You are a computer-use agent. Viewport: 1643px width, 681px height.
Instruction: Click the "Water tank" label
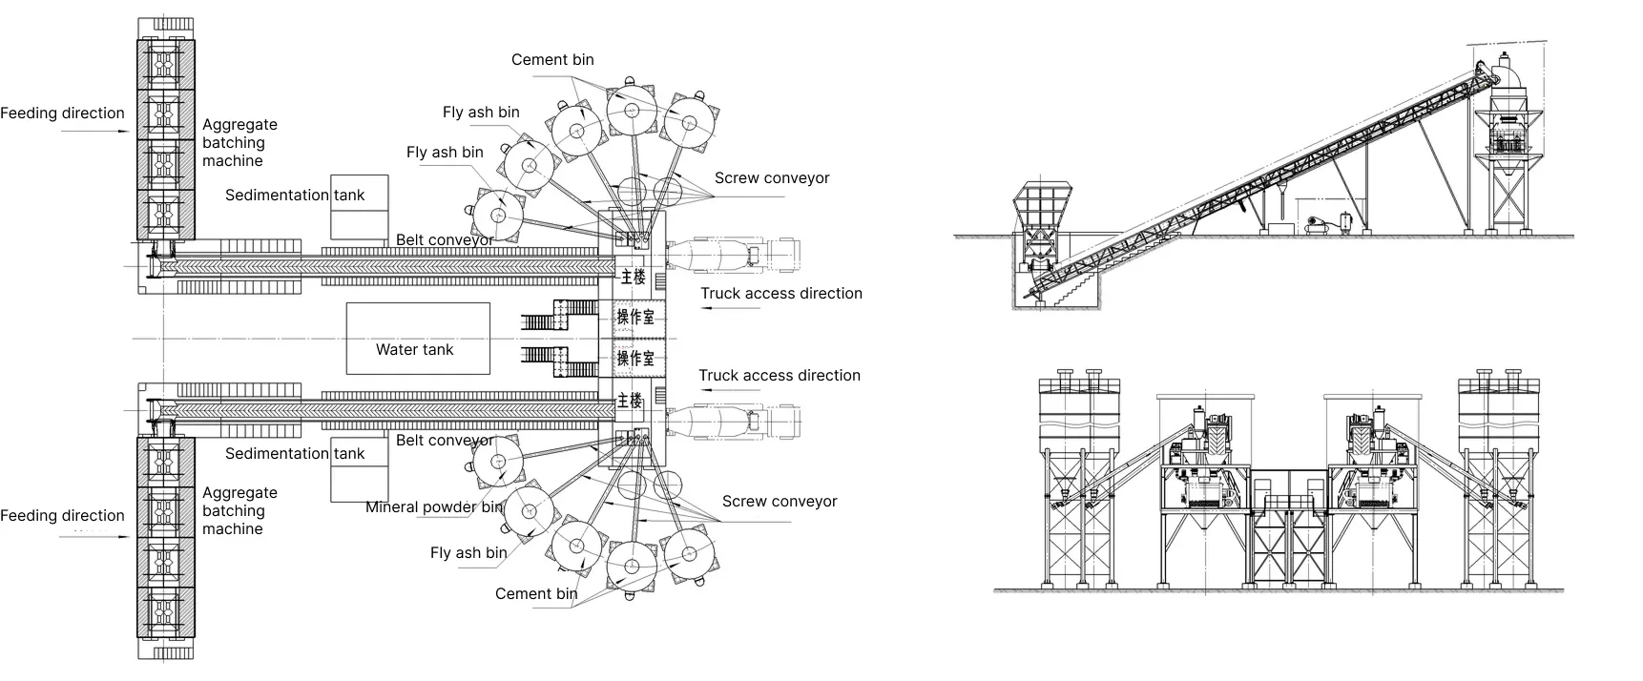(414, 350)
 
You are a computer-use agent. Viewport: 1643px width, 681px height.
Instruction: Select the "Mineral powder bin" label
(433, 507)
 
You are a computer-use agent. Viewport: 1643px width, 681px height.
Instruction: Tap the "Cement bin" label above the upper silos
(552, 60)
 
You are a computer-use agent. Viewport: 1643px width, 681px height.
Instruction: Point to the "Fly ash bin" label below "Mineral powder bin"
(468, 553)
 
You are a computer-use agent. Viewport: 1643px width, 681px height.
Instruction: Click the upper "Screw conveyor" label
(772, 178)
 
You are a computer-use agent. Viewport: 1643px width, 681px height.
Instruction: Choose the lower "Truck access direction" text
(780, 376)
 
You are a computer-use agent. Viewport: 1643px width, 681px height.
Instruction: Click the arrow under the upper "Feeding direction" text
(95, 132)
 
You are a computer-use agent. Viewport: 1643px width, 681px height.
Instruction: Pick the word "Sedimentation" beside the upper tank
(277, 196)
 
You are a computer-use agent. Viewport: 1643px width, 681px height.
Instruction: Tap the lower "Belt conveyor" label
(445, 441)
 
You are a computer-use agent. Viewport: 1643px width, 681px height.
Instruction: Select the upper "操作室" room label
(635, 317)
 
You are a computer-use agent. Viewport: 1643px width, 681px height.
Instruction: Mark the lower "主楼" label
(630, 401)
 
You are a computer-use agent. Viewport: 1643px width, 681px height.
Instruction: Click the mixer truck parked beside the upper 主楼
(731, 254)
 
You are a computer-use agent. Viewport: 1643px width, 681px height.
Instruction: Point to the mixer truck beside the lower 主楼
(731, 422)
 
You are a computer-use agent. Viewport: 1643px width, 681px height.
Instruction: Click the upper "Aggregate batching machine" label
(239, 143)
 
